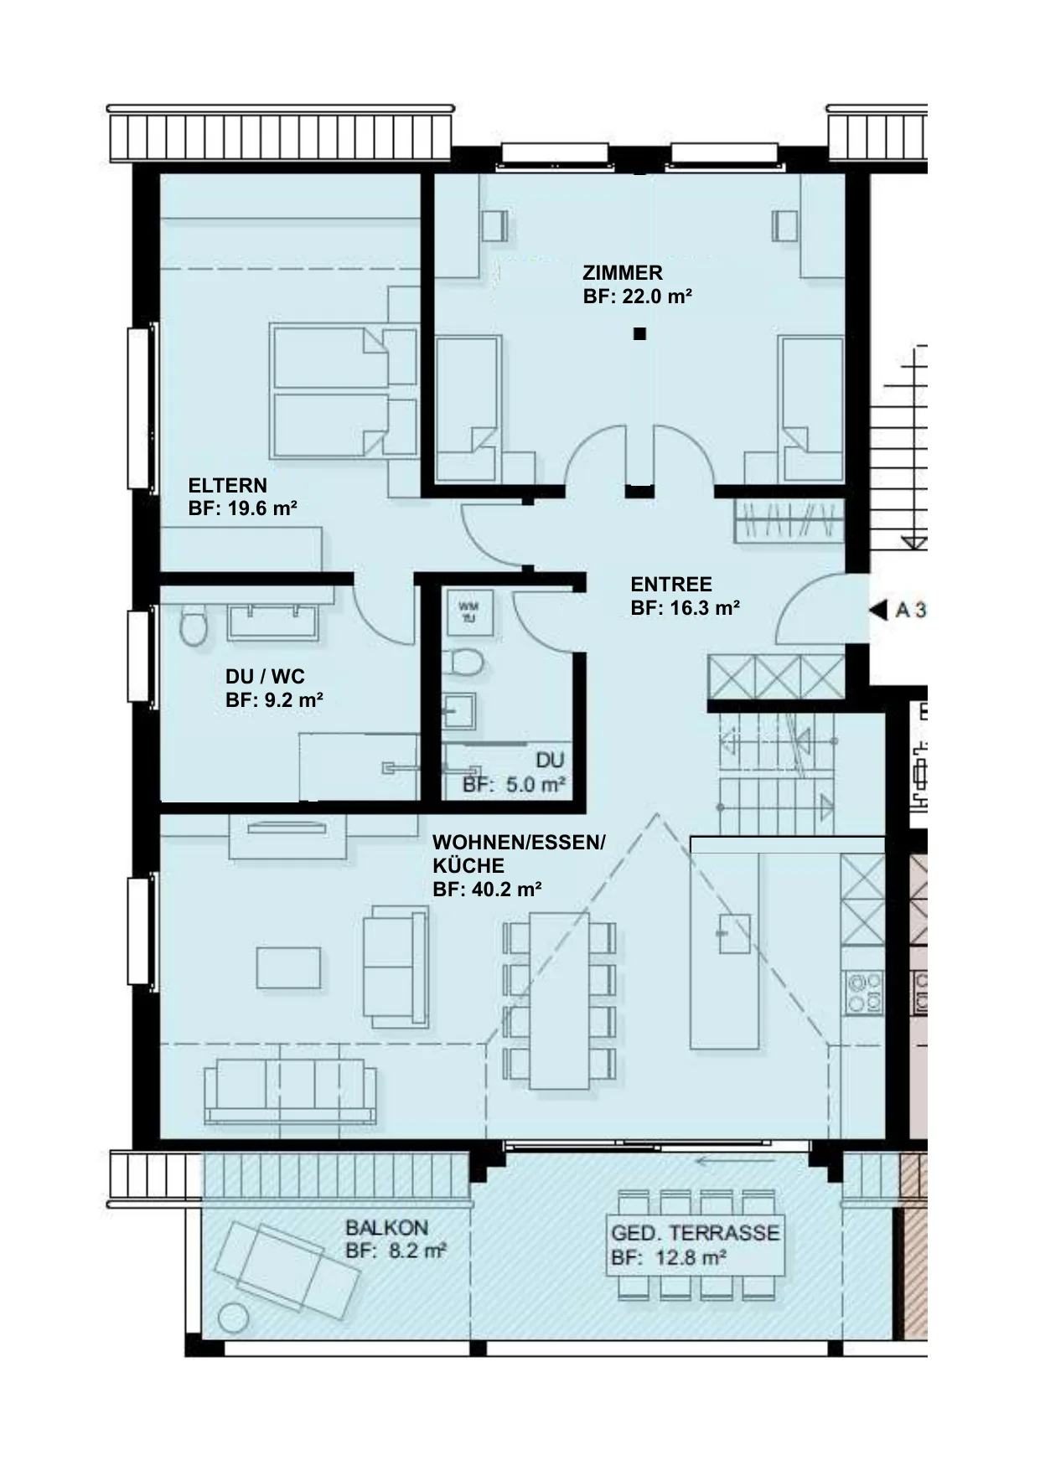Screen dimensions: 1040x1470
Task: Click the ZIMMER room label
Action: (623, 273)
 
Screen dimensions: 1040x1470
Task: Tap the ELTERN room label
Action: (228, 486)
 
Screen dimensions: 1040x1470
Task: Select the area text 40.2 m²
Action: (507, 890)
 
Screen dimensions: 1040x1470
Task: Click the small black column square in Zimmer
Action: (640, 334)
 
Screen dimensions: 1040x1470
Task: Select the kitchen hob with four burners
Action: (864, 992)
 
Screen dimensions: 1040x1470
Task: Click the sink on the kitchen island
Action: (734, 932)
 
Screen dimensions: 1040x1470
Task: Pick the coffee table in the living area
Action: (288, 967)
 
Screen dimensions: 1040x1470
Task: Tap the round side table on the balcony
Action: (234, 1319)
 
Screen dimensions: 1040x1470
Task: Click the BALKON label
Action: (387, 1228)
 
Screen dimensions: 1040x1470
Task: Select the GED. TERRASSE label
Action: (696, 1233)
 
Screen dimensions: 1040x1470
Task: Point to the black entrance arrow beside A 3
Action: (877, 610)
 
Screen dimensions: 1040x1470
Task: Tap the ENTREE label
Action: (671, 585)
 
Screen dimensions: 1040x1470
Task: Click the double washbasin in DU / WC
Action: (273, 621)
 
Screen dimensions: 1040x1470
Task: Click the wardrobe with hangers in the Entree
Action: (788, 520)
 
